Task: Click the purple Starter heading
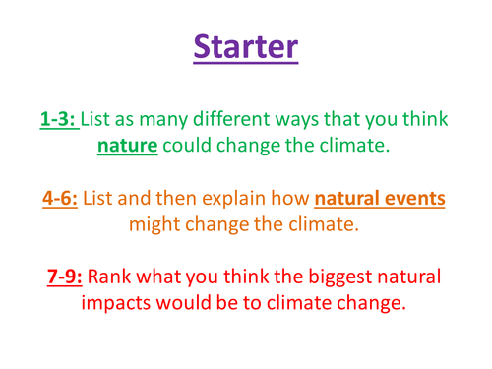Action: click(x=245, y=46)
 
